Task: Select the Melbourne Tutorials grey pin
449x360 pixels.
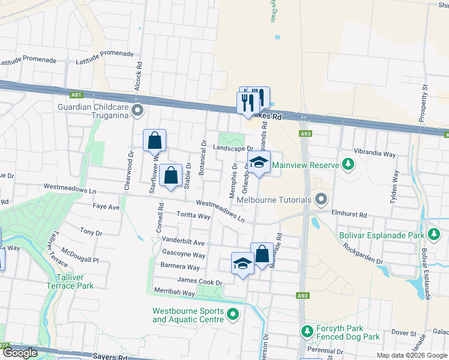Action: pos(322,199)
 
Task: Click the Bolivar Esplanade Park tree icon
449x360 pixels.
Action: pos(433,235)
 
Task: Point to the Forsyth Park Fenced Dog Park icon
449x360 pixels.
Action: pos(307,331)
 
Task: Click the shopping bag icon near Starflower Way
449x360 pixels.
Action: pos(154,141)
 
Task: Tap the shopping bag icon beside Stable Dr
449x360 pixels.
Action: pos(171,176)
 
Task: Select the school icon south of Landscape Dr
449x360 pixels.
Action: pos(259,163)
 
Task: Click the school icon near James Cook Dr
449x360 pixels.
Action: pos(243,264)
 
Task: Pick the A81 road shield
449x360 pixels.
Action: pos(76,95)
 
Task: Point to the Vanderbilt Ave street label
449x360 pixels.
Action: pos(184,242)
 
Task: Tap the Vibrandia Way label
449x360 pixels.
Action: pos(375,154)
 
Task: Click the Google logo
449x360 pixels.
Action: pos(19,353)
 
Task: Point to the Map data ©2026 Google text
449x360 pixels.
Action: pos(411,355)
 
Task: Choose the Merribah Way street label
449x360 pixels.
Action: pos(174,293)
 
